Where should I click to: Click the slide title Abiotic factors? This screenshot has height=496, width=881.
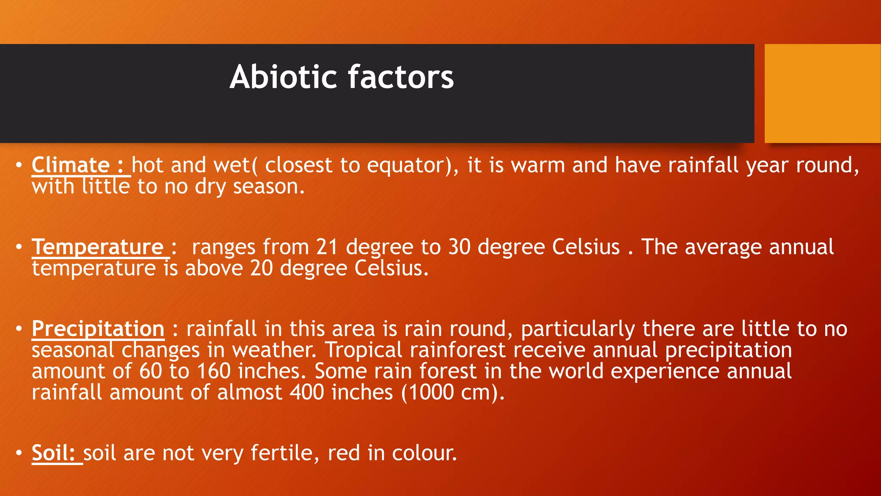pos(342,77)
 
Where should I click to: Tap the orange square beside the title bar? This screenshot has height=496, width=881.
pos(822,93)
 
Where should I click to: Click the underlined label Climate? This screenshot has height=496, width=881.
pos(71,165)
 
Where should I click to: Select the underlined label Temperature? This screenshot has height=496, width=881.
pos(98,247)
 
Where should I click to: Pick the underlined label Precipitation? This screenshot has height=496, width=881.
pos(98,329)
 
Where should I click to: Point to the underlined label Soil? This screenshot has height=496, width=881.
pos(53,453)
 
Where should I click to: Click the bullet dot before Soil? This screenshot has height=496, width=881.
pos(18,453)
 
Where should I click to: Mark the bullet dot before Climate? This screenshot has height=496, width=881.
pos(18,165)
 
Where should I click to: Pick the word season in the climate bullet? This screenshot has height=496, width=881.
pos(268,187)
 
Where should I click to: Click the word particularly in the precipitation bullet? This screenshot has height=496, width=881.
pos(578,329)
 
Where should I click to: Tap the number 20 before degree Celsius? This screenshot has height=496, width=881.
pos(262,268)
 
